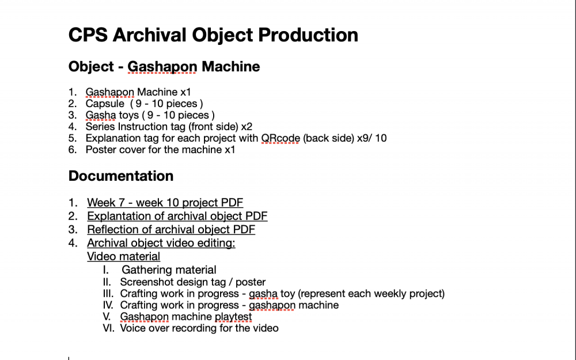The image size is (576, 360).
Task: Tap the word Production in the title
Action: pos(308,35)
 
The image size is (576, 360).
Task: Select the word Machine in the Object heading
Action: pos(231,66)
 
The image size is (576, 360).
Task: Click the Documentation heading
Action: pos(121,176)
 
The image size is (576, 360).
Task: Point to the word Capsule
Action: pos(105,104)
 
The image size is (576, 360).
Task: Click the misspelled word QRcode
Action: pos(281,138)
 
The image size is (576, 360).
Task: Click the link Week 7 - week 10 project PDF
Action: pos(165,203)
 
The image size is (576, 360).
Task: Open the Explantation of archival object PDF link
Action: pos(177,216)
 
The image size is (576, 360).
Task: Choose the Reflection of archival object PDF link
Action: pos(171,230)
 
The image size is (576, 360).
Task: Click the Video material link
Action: pos(123,256)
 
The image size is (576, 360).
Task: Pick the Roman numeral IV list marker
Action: pos(108,305)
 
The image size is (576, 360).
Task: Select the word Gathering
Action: pos(146,270)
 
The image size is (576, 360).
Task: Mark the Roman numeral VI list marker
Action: pos(108,328)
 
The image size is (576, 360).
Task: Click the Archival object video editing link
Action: pos(161,243)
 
